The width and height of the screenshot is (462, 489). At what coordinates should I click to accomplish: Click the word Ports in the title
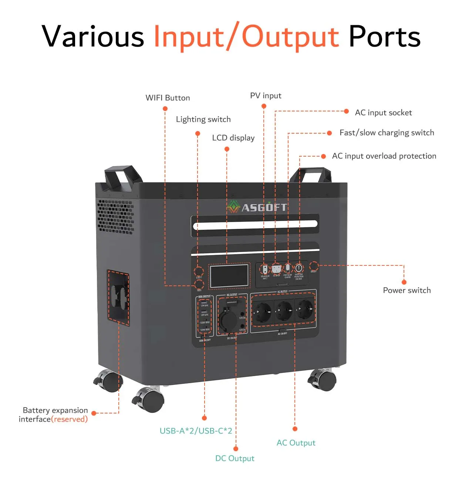(x=384, y=37)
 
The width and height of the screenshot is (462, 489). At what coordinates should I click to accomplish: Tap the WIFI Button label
(x=168, y=98)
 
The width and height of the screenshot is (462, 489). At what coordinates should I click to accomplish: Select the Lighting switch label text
(x=203, y=119)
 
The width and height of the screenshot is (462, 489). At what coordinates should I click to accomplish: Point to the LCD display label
(x=233, y=138)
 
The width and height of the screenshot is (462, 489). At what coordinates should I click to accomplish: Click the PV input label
(x=266, y=96)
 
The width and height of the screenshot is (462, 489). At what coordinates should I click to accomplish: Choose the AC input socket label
(x=383, y=113)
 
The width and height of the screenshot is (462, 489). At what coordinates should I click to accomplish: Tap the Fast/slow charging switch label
(x=387, y=133)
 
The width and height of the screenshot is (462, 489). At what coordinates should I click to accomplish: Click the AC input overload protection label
(x=384, y=156)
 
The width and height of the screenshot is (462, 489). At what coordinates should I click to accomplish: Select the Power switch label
(x=407, y=290)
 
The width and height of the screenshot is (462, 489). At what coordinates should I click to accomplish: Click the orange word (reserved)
(x=70, y=419)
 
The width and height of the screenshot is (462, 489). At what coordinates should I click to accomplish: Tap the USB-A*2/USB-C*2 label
(x=196, y=431)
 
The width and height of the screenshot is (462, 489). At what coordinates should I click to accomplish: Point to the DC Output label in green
(x=235, y=458)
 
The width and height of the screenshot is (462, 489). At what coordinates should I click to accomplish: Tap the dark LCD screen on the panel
(x=229, y=276)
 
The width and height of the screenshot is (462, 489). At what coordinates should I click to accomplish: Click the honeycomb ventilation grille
(x=115, y=217)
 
